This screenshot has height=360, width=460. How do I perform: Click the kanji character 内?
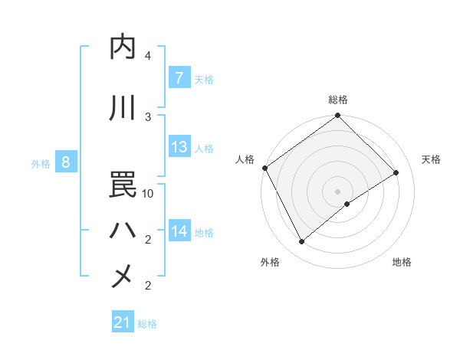(123, 47)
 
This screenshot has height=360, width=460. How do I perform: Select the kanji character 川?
(123, 108)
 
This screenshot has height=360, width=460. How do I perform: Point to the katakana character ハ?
(123, 231)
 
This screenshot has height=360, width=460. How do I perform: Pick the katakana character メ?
(123, 277)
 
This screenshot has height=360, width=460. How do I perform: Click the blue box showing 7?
(179, 78)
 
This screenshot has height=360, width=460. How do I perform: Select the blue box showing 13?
(179, 147)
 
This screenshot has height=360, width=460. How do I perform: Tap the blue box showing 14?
(179, 231)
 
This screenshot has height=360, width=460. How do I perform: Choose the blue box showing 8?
(66, 162)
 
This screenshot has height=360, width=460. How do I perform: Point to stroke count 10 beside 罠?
(149, 194)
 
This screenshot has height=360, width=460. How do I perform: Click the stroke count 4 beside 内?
(148, 56)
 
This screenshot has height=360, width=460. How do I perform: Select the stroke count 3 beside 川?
(148, 117)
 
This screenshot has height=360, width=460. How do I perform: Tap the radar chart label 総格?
(337, 100)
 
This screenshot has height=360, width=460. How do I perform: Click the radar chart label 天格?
(431, 159)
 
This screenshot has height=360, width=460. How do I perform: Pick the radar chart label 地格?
(402, 262)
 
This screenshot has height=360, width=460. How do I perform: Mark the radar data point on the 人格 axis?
(264, 168)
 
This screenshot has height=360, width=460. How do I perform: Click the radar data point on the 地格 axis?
(347, 204)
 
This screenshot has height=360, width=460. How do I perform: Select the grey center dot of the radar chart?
(337, 191)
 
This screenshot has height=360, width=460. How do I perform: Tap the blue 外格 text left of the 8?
(41, 163)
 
